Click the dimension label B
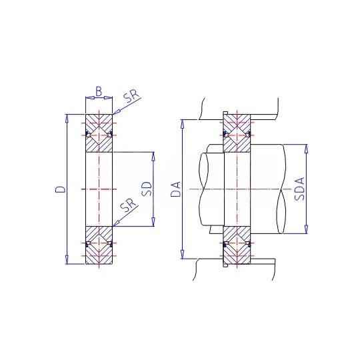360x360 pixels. [99, 91]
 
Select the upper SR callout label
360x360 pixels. [131, 95]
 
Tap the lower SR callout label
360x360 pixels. [129, 205]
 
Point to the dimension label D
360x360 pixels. [60, 189]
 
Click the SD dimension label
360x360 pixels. [147, 189]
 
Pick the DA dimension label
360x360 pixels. [176, 189]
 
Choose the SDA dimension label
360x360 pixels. [299, 189]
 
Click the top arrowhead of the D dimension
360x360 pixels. [67, 119]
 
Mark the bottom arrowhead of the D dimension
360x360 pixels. [67, 260]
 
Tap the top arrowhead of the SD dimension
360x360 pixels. [153, 156]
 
